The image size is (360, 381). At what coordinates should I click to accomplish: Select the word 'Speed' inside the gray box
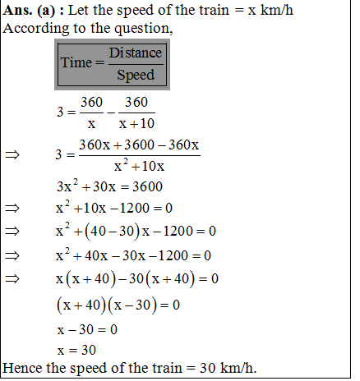[x=135, y=76]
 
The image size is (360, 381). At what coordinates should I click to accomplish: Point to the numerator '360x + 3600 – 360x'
[x=139, y=145]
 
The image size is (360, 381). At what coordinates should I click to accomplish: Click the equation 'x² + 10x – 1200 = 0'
[x=114, y=206]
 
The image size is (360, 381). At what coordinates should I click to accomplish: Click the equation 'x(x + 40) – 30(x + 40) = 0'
[x=136, y=279]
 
